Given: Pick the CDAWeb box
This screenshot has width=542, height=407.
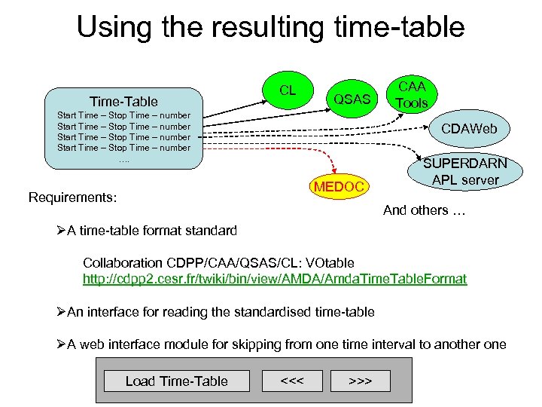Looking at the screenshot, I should (x=469, y=129).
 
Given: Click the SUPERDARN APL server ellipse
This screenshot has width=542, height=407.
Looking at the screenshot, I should (x=464, y=172).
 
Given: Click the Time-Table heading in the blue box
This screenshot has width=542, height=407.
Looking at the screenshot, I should (x=123, y=101).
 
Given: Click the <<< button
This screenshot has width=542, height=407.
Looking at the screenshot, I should (x=291, y=380).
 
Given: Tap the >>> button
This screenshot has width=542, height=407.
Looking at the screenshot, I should (x=360, y=380).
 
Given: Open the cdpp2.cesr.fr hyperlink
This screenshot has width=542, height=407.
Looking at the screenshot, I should (x=274, y=279).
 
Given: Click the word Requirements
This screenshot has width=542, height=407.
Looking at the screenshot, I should (x=72, y=197).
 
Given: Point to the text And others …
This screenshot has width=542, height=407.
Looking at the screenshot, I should (x=424, y=210).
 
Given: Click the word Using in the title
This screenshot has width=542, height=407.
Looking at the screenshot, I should (x=114, y=27).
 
